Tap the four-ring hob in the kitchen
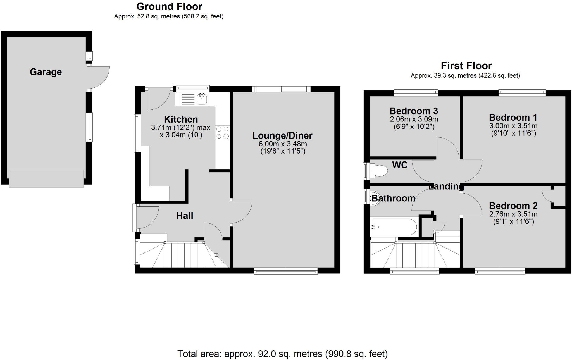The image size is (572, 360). coord(223,133)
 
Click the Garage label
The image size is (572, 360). coord(46,72)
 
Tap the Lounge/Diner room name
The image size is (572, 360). coord(282,136)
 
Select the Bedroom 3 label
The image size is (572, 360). coord(414,111)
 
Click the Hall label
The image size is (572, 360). coord(185,216)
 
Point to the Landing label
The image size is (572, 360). coord(446,186)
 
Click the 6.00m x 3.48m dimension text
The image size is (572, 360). coord(283,144)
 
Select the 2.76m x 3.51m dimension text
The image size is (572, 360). coord(513,214)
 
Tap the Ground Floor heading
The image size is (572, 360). coord(169,6)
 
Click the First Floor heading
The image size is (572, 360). coord(466,66)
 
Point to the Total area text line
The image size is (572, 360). coord(282,354)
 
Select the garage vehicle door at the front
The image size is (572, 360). coord(46,178)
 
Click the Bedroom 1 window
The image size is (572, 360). coord(522,93)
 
